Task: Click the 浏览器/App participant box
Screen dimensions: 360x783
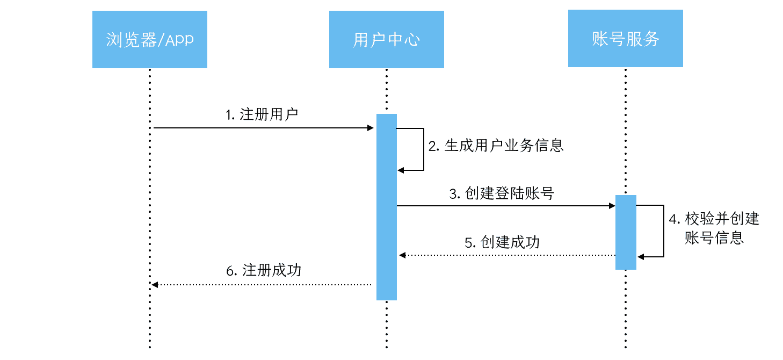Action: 149,40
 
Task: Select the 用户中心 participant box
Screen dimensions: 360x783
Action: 386,40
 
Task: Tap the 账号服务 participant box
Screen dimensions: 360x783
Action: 625,39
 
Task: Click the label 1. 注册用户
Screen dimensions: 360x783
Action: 262,115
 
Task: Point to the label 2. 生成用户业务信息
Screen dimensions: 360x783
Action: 496,146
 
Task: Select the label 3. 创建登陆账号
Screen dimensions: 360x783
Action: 502,193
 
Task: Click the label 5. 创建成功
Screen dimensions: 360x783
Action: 502,242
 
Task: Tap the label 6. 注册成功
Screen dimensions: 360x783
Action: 264,270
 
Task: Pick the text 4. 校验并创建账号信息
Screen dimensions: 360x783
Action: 714,228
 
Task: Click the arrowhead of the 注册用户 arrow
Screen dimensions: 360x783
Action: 370,128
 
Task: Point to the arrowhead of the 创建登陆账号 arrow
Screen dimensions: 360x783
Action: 611,206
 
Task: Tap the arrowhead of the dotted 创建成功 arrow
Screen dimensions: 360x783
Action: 402,255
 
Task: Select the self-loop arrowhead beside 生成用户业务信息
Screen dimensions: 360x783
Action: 401,170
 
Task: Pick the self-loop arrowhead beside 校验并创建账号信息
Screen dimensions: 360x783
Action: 640,257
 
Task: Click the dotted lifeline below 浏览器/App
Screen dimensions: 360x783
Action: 150,215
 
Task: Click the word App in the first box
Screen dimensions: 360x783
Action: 179,40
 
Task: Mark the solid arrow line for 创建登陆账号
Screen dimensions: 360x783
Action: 505,206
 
